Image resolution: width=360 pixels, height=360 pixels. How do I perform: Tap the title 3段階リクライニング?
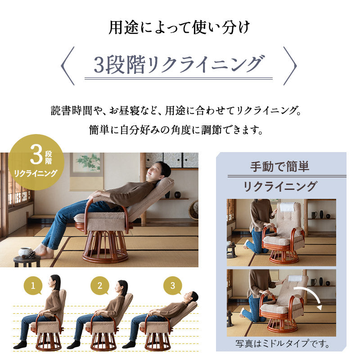pos(178,64)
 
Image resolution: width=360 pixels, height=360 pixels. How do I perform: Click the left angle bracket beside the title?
pos(67,65)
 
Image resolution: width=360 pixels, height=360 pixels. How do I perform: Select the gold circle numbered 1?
pos(33,285)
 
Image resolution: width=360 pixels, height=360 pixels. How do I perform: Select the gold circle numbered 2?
pos(100,285)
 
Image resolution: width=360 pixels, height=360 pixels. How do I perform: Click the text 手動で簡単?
pos(280,166)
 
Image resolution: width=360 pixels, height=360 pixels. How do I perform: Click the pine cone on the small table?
pos(31,254)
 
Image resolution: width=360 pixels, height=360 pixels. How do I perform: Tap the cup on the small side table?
pos(23,252)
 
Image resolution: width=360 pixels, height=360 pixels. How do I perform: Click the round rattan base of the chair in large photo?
pos(105,250)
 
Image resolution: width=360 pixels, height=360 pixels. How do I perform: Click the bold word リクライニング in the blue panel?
pos(280,186)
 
